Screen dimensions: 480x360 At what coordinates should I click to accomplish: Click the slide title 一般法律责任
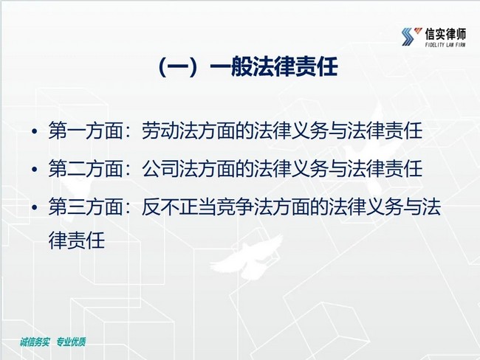[274, 66]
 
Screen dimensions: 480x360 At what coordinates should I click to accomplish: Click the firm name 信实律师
[445, 34]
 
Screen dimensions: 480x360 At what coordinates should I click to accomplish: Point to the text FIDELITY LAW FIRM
[445, 45]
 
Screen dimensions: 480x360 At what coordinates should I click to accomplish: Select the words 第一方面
[86, 131]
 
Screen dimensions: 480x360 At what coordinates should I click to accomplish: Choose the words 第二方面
[86, 168]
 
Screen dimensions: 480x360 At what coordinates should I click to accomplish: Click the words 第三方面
[86, 207]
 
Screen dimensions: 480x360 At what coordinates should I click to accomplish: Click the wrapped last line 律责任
[77, 240]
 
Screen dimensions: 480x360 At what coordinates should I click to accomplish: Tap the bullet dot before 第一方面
[35, 131]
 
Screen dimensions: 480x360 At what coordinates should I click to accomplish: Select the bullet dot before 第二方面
[35, 169]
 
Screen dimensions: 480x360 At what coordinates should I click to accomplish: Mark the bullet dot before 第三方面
[35, 207]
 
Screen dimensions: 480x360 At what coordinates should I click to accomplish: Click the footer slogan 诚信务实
[35, 342]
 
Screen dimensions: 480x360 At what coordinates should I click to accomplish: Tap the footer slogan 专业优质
[71, 342]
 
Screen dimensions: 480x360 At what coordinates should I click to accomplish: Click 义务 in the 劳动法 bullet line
[310, 131]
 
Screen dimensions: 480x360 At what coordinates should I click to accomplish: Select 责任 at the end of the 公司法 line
[404, 168]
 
